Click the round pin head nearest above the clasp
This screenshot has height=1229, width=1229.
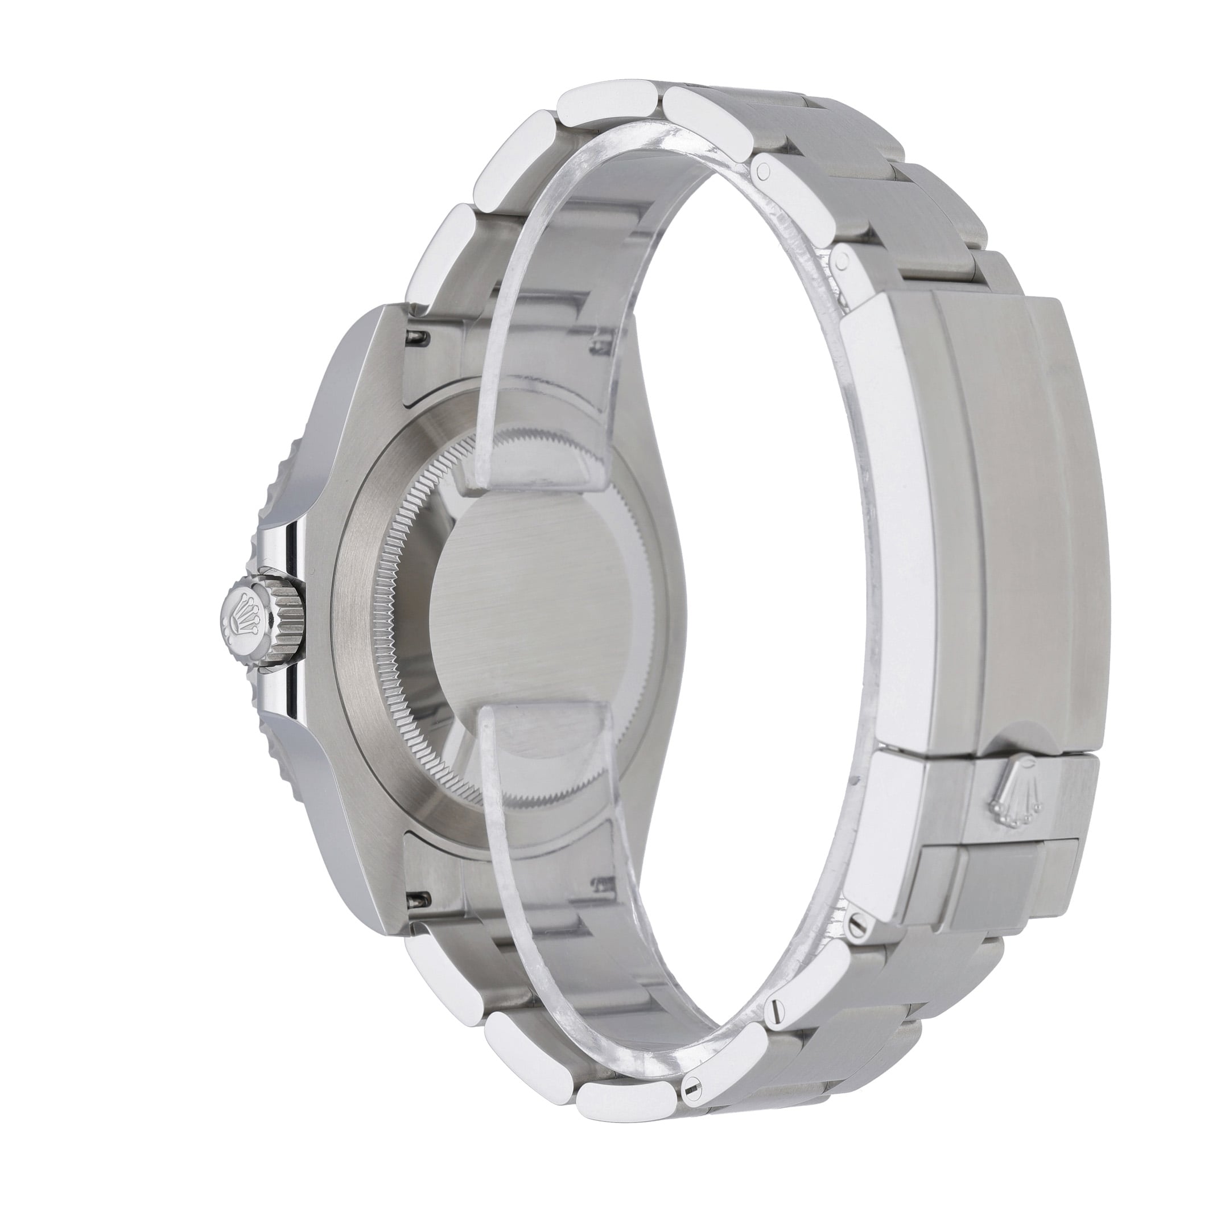[843, 260]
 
